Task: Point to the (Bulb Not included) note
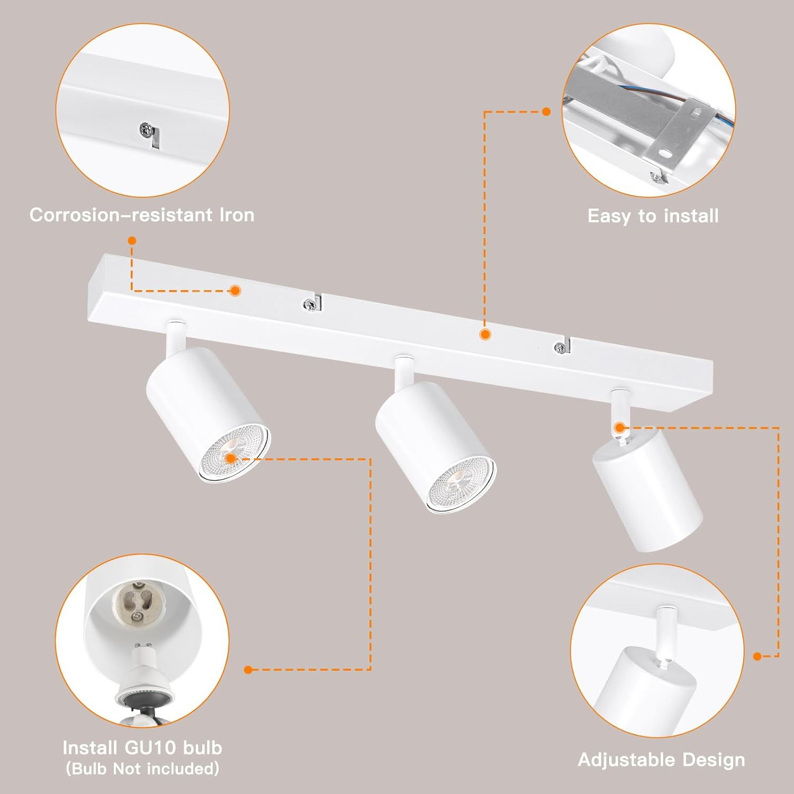point(142,768)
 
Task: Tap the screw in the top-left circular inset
point(146,129)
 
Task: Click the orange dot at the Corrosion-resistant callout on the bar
point(235,290)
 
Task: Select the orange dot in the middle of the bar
point(484,334)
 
